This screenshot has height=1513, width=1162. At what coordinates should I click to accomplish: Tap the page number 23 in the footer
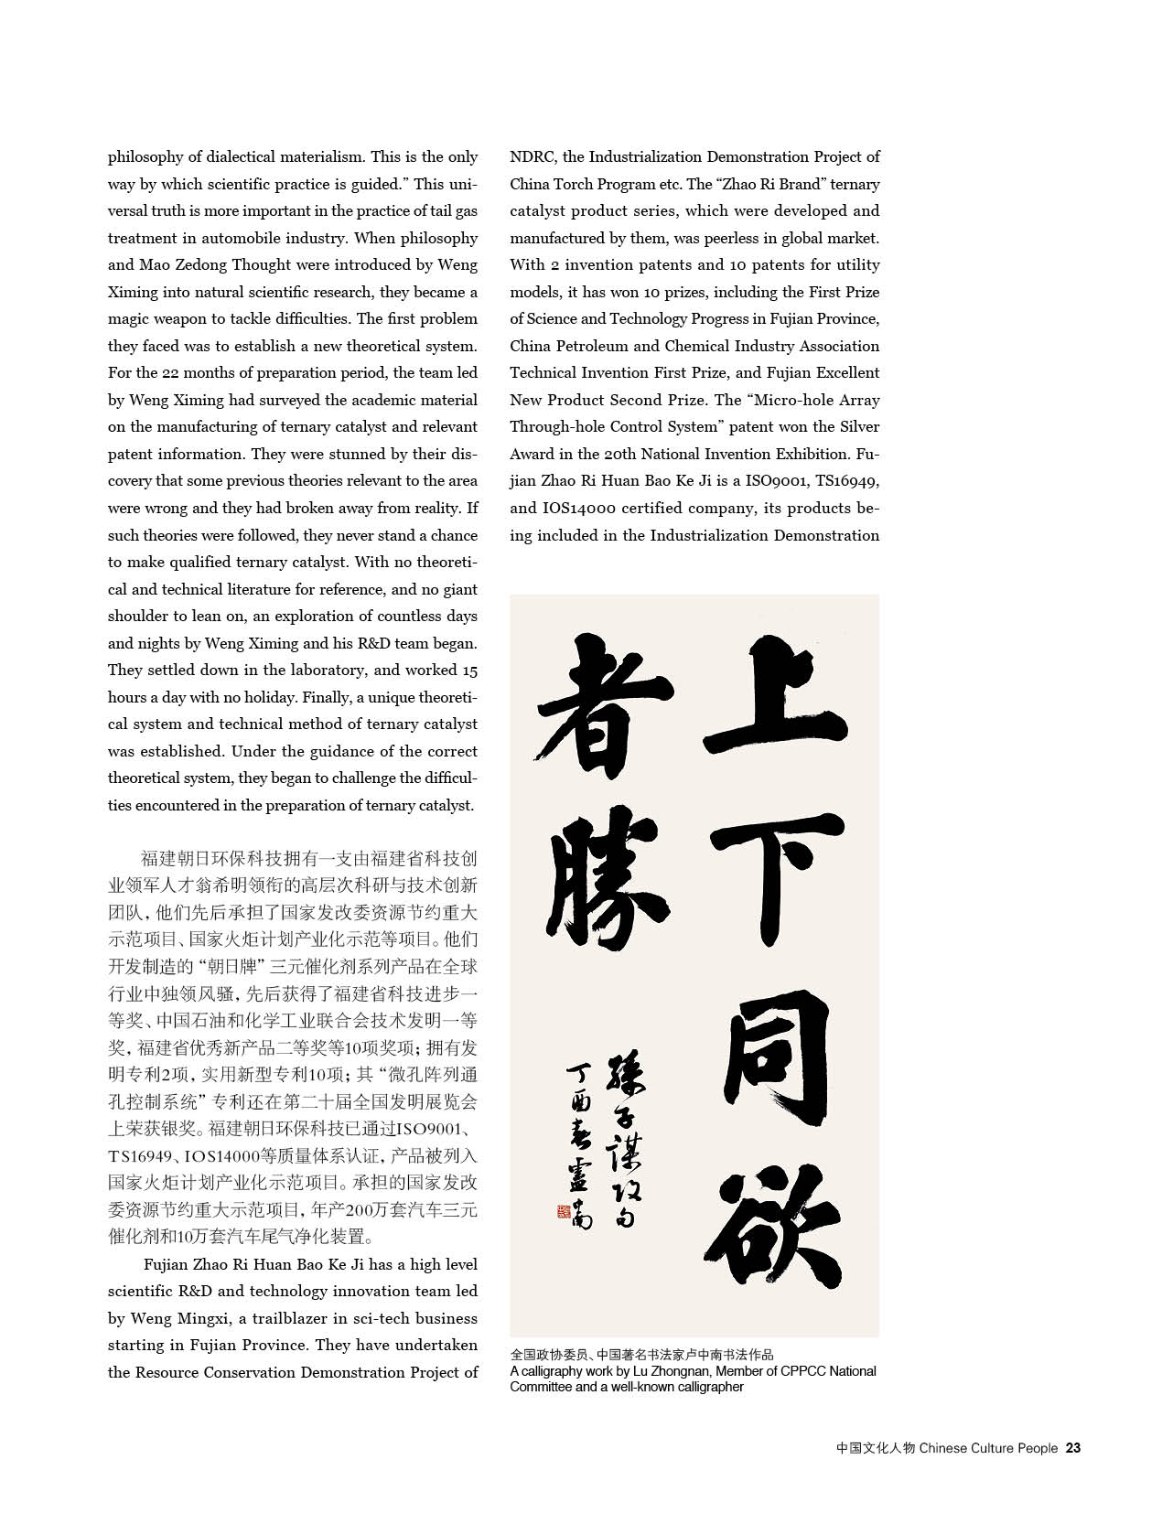click(x=1073, y=1448)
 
